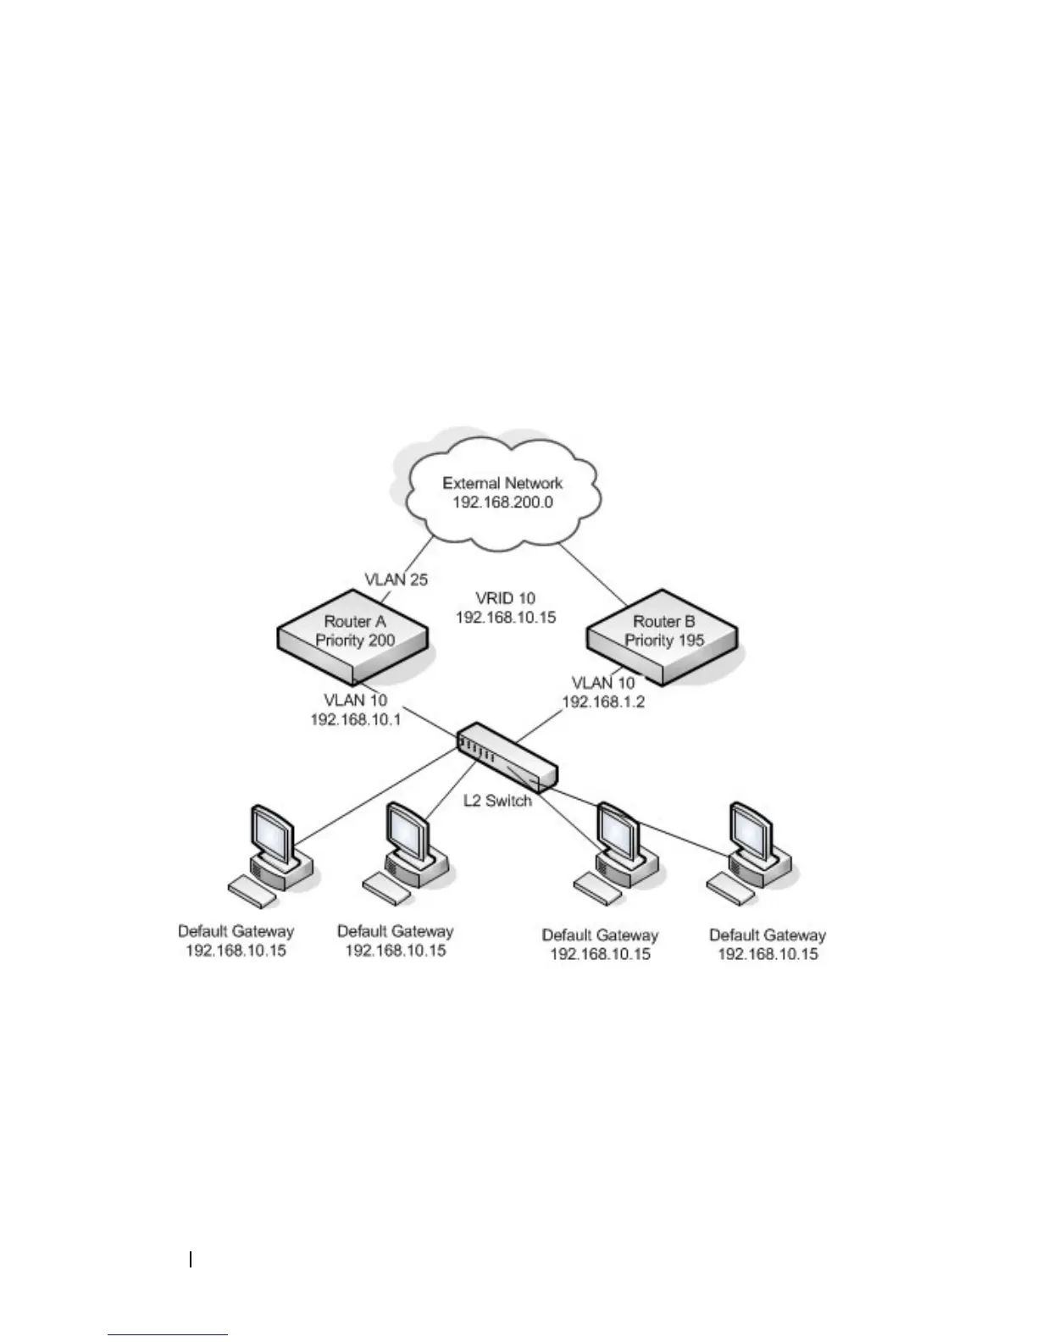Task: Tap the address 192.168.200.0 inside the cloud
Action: (x=503, y=502)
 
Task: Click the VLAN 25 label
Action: (x=396, y=580)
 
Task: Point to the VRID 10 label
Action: (x=506, y=598)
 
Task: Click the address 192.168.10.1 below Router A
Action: (x=356, y=719)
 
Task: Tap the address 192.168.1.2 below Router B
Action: (x=603, y=701)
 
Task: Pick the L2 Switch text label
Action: (x=497, y=800)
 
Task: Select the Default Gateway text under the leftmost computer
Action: (x=236, y=931)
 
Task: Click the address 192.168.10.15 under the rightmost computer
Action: (x=768, y=954)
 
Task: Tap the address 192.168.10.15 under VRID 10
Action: (x=506, y=618)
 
